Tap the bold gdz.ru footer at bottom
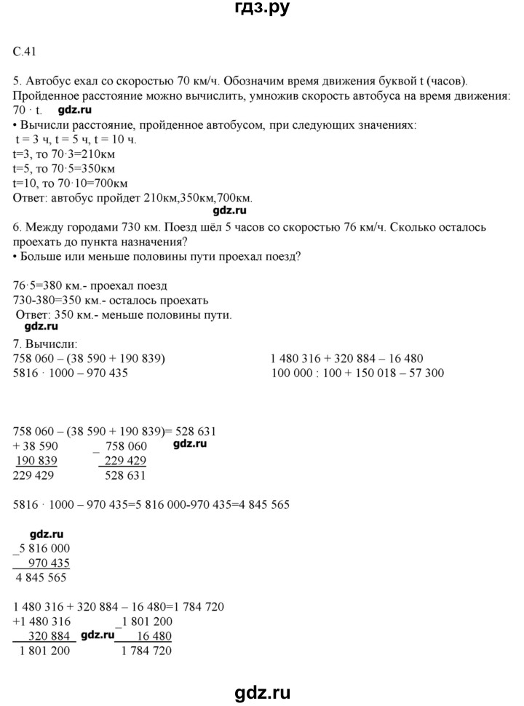pyautogui.click(x=261, y=689)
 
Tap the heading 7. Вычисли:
pyautogui.click(x=44, y=344)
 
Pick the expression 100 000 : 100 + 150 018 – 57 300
pyautogui.click(x=357, y=373)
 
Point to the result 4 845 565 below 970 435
pyautogui.click(x=41, y=578)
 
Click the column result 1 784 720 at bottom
pyautogui.click(x=146, y=651)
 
